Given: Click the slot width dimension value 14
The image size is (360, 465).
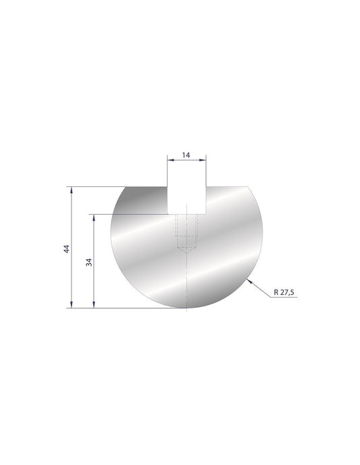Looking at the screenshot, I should [186, 155].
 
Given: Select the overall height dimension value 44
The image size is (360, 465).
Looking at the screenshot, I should [66, 249].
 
